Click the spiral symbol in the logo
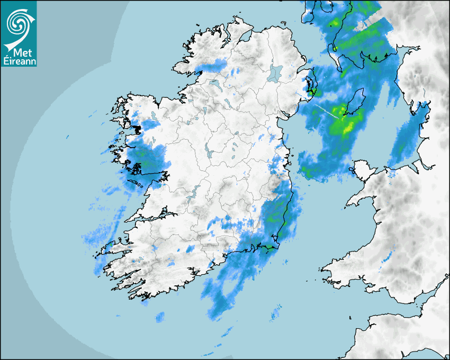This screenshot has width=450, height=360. click(x=18, y=22)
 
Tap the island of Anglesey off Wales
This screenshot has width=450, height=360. click(x=363, y=171)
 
